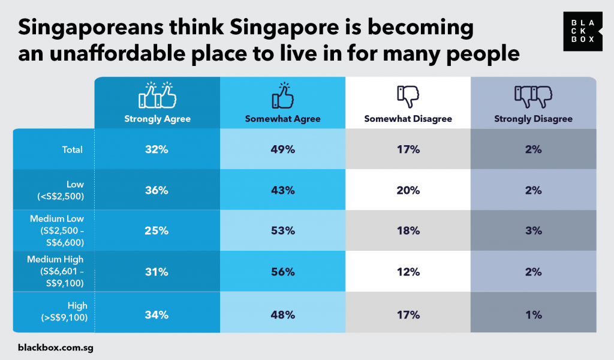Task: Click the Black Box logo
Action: click(579, 31)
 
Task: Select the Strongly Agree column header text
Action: click(157, 119)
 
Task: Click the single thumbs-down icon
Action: click(408, 95)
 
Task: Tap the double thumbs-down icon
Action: click(534, 95)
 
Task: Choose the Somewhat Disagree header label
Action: click(408, 119)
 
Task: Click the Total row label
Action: click(72, 149)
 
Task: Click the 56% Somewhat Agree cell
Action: click(282, 272)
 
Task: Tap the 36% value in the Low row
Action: click(157, 190)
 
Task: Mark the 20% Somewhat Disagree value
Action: click(408, 190)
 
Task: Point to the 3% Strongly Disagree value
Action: click(534, 231)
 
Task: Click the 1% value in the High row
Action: click(534, 314)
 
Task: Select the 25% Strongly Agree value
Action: click(157, 231)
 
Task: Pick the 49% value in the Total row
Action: click(282, 149)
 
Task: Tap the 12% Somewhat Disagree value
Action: click(408, 272)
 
